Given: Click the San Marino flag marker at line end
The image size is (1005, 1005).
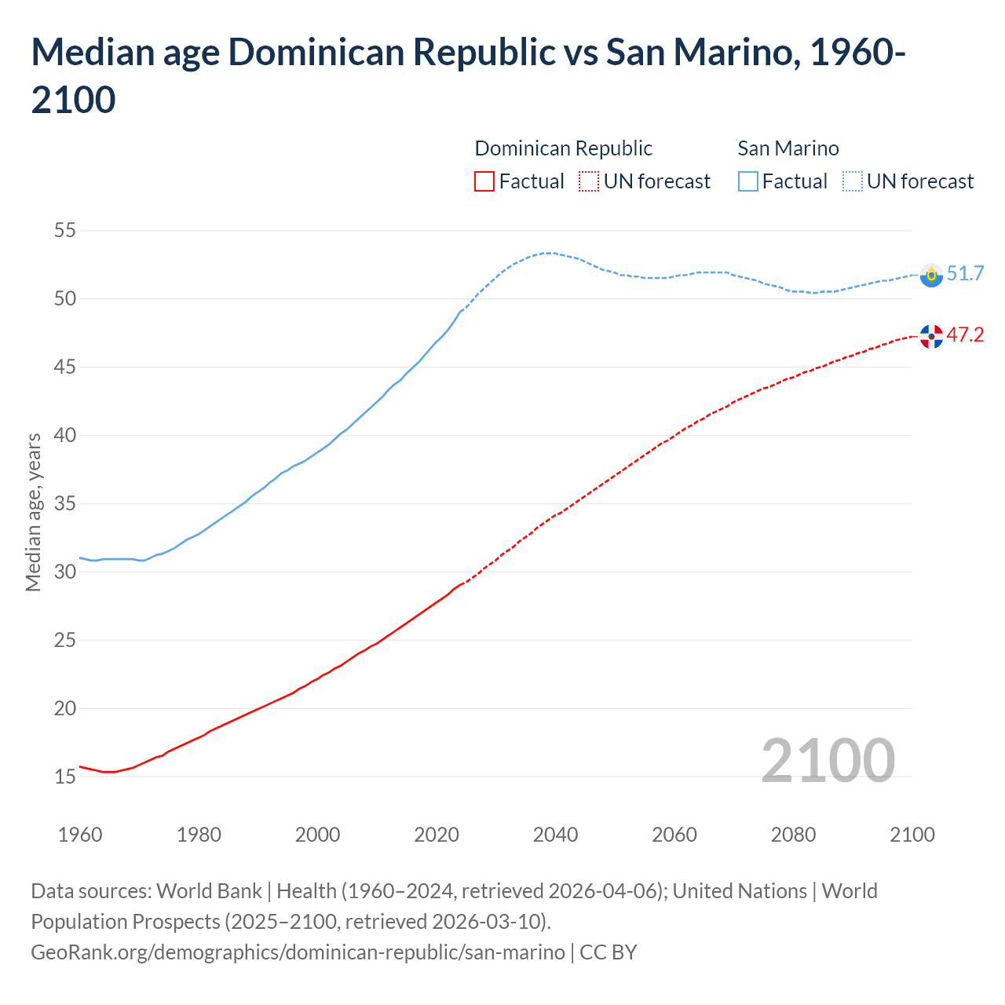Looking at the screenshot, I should click(931, 275).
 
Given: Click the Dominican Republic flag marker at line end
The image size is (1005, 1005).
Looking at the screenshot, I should click(931, 336).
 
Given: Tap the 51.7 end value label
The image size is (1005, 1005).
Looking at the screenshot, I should click(965, 273).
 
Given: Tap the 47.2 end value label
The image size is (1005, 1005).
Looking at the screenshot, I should click(965, 334).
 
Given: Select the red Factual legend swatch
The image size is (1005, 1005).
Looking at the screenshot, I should click(484, 181).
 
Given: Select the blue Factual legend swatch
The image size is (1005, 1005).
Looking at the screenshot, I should click(747, 181).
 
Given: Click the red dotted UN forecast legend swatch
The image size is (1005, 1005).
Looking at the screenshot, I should click(589, 181).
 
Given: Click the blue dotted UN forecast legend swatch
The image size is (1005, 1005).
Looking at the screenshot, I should click(852, 181).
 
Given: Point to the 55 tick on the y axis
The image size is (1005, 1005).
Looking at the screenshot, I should click(64, 231).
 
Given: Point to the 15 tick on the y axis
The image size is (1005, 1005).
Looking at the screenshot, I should click(64, 777).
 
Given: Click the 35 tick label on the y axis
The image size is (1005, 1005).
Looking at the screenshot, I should click(64, 503).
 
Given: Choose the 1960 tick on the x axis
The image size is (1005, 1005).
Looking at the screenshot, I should click(80, 834).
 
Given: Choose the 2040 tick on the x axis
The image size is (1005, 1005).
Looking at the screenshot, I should click(555, 834).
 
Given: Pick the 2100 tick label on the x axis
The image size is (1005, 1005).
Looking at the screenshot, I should click(912, 834).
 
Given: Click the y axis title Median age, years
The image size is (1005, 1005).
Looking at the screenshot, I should click(33, 511).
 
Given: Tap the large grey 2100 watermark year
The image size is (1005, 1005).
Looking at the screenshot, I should click(828, 760).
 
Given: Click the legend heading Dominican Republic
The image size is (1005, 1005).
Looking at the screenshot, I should click(563, 148).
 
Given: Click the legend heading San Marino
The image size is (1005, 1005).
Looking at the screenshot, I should click(788, 148).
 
